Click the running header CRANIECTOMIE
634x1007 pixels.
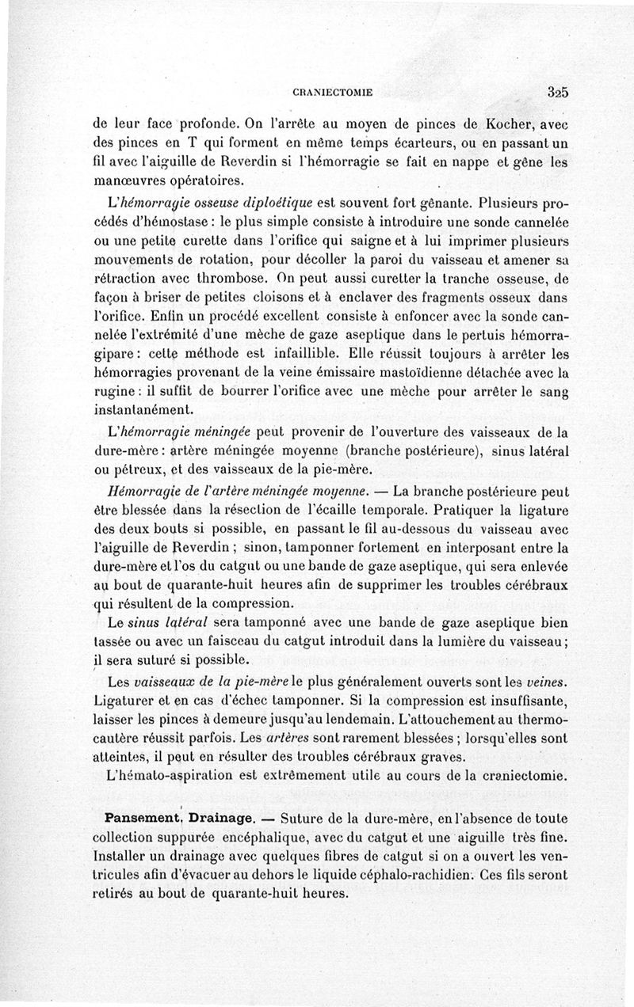click(334, 93)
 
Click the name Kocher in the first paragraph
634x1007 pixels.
click(509, 126)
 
